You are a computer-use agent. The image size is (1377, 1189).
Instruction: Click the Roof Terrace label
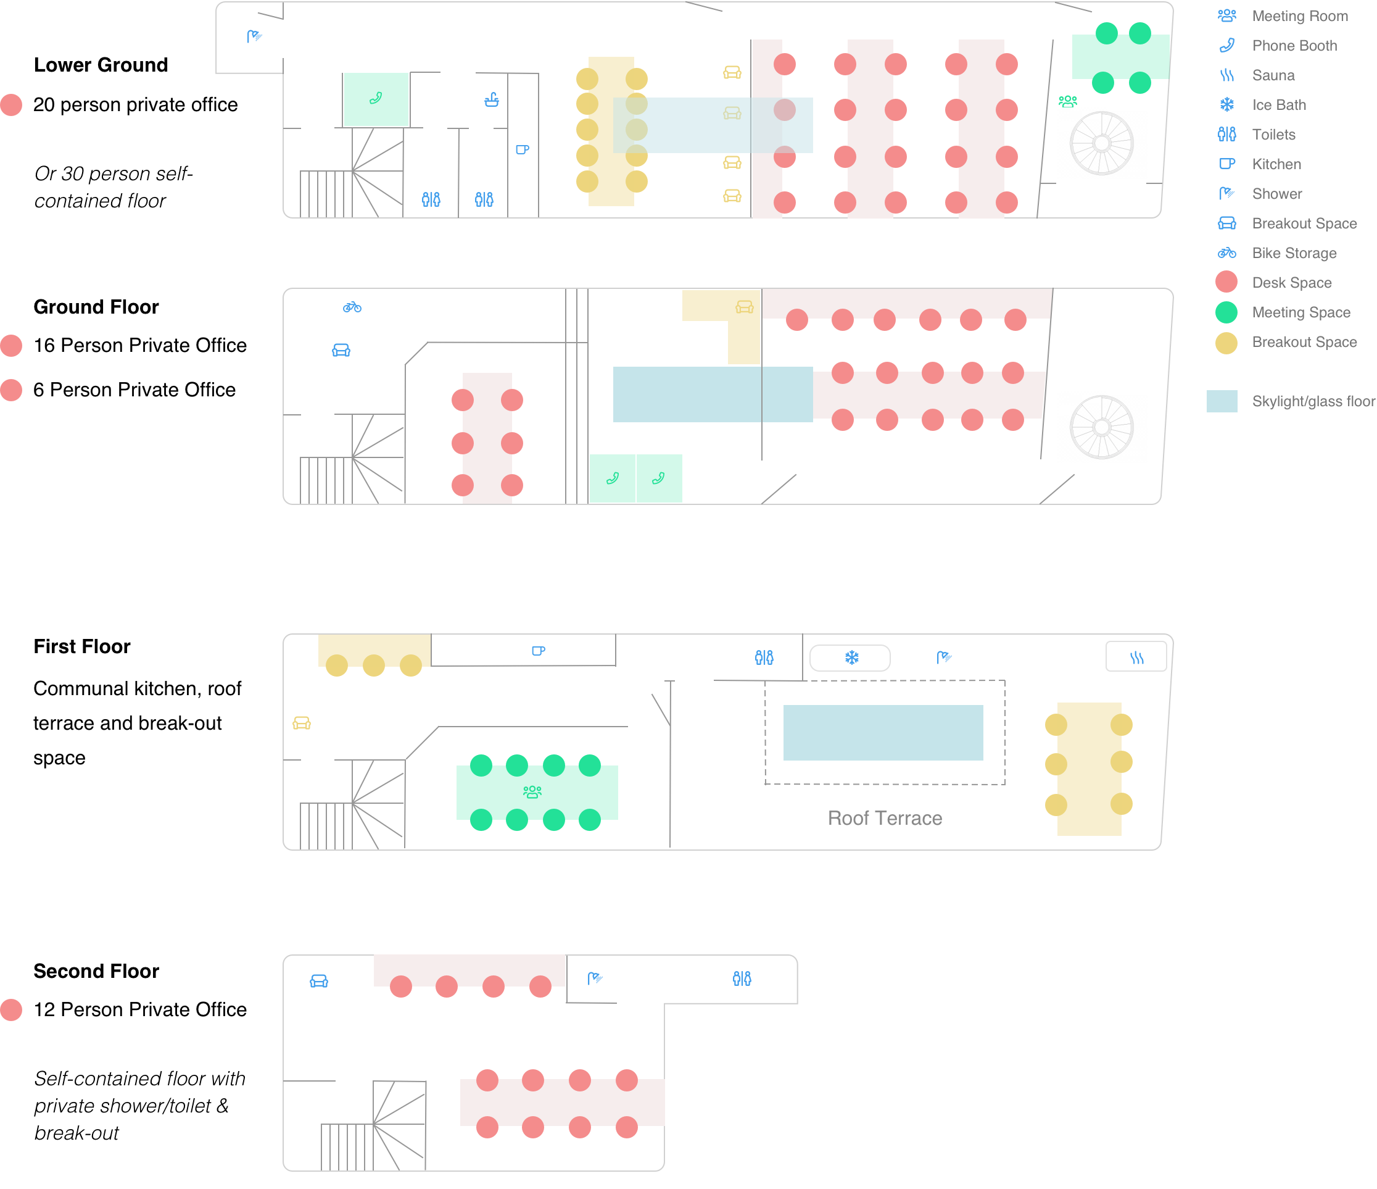[x=885, y=818]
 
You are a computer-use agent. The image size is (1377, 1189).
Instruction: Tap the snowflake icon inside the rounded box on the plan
[x=851, y=657]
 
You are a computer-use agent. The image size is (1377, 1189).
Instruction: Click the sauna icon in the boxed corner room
[x=1136, y=657]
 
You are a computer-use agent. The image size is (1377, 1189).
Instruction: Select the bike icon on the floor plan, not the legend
[x=352, y=307]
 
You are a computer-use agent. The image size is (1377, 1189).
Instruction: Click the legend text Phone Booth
[x=1294, y=46]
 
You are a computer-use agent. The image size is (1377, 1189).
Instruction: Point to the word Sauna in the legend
[x=1273, y=75]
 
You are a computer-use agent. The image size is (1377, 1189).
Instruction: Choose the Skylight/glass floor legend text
[x=1313, y=401]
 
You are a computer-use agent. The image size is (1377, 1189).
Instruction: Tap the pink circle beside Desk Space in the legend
[x=1226, y=282]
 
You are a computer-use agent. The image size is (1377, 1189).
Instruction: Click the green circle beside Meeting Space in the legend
[x=1226, y=312]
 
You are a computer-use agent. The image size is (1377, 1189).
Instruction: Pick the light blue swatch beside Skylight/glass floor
[x=1222, y=401]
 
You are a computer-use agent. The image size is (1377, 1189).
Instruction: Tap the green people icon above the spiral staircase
[x=1067, y=101]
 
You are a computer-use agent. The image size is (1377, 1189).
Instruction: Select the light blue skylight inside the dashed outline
[x=883, y=732]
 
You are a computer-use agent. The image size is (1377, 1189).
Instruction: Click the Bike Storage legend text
[x=1294, y=252]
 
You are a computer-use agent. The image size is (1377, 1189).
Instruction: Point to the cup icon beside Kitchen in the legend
[x=1227, y=164]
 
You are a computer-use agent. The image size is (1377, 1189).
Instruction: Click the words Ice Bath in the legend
[x=1279, y=105]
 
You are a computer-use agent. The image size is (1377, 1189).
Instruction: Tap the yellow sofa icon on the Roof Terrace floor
[x=302, y=723]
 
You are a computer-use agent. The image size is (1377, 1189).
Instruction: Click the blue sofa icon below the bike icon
[x=341, y=350]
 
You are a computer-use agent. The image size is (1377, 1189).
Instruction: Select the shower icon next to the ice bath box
[x=944, y=657]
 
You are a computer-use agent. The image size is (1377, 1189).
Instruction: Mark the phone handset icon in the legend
[x=1227, y=45]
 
